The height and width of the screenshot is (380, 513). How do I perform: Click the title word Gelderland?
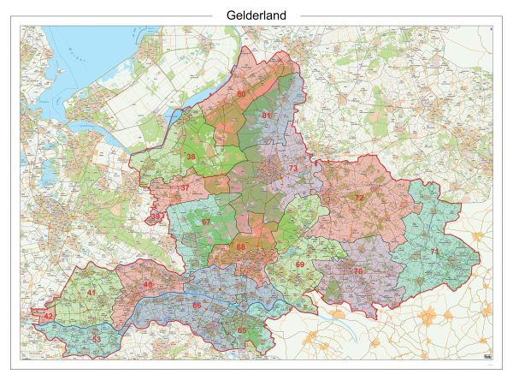(x=256, y=15)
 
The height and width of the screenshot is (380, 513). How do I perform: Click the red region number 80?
(x=241, y=94)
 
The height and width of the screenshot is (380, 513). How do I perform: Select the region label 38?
(x=191, y=157)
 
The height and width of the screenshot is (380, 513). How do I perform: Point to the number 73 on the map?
(x=293, y=169)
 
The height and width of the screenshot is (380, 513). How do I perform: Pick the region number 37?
(x=185, y=188)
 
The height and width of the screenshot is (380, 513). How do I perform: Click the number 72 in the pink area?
(x=359, y=198)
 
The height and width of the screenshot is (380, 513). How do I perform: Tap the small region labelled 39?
(x=156, y=216)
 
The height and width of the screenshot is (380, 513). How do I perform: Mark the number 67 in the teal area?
(x=205, y=223)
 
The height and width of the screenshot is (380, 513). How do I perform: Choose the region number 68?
(x=241, y=247)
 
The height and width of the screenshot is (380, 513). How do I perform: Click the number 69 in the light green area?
(x=299, y=264)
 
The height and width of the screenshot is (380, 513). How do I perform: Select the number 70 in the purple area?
(x=357, y=271)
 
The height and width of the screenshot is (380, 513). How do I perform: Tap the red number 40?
(x=148, y=284)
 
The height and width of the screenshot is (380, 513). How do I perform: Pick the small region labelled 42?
(x=49, y=317)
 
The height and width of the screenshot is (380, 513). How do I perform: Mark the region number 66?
(x=197, y=306)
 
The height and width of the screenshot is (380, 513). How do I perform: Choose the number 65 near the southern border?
(x=242, y=330)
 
